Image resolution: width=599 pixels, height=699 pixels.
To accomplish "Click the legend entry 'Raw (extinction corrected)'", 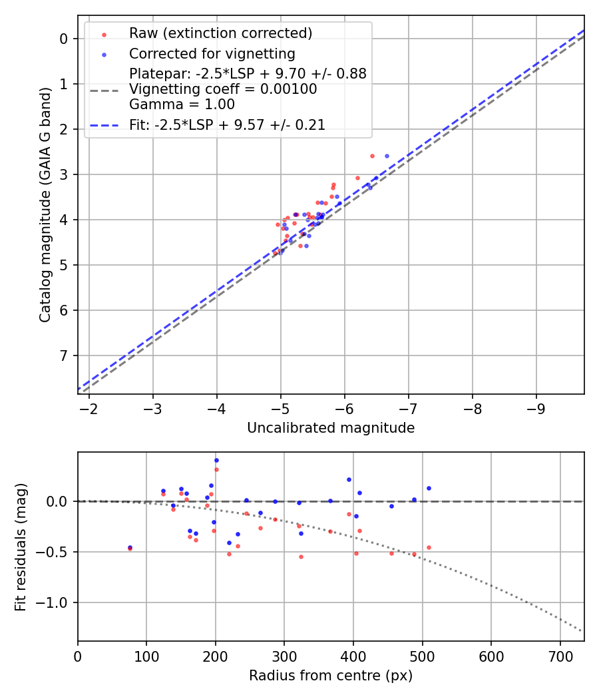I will click(x=220, y=33).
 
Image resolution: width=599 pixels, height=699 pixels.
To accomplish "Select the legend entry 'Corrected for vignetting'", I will click(x=212, y=53).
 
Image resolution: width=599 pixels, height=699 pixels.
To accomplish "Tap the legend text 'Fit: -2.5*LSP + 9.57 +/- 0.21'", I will click(x=227, y=124).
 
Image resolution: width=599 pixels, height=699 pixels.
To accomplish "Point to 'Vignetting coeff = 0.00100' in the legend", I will click(x=223, y=89).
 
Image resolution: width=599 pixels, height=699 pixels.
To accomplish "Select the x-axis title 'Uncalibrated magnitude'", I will click(x=331, y=428).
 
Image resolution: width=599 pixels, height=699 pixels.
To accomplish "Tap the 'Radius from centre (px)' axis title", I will click(x=331, y=676).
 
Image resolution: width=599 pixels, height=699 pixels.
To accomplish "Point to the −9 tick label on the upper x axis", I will click(x=536, y=408).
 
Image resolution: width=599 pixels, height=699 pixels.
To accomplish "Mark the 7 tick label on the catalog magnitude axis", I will click(x=64, y=355).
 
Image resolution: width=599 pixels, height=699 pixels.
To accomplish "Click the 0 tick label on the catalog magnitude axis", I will click(x=64, y=39).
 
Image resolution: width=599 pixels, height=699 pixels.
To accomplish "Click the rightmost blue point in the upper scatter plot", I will click(x=387, y=156).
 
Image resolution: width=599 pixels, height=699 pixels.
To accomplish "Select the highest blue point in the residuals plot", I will click(x=216, y=460).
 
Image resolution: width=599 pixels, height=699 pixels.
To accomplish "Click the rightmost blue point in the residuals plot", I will click(x=429, y=488).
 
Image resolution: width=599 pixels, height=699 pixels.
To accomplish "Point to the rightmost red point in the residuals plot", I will click(x=429, y=547).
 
